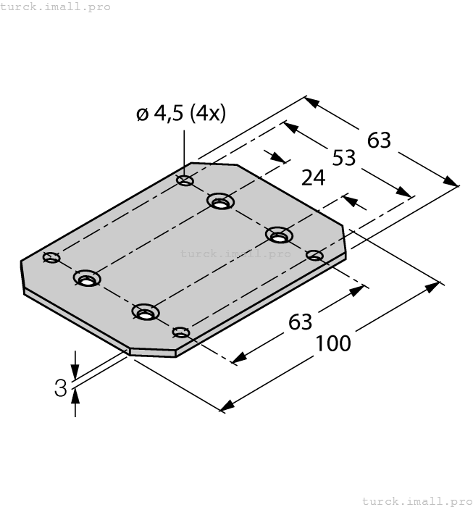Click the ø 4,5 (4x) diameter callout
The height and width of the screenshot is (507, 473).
pos(181,114)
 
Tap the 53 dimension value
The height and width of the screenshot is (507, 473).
pos(344,157)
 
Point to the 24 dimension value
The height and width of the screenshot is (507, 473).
pos(313,178)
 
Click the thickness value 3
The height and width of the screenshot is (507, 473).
pos(61,388)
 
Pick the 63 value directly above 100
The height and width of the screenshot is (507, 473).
pos(300,321)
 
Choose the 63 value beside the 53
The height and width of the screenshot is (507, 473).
pos(379,140)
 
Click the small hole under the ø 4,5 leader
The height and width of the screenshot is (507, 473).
pos(185,180)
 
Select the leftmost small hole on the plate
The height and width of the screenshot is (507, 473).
pos(51,257)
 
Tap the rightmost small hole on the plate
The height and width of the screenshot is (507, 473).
pos(314,255)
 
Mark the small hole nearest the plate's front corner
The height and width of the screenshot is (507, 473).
pos(181,332)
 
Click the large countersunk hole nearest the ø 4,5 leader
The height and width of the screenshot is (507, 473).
pos(220,201)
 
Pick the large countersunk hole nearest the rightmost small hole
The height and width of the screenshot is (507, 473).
pos(279,235)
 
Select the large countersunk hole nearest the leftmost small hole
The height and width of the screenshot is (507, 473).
pos(87,279)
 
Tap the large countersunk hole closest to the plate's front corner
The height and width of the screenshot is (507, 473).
pos(146,311)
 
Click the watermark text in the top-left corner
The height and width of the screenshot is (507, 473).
pos(56,7)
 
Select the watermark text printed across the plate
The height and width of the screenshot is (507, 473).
pos(235,253)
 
